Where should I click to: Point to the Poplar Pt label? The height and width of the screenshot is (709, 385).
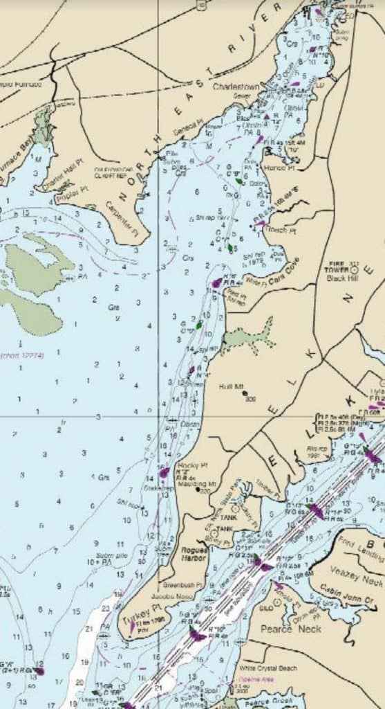coord(74,190)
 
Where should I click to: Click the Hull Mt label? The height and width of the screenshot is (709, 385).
coord(228,386)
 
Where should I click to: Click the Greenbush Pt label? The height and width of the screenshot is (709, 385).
coord(182,584)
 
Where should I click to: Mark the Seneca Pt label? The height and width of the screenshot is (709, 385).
coord(193,122)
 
